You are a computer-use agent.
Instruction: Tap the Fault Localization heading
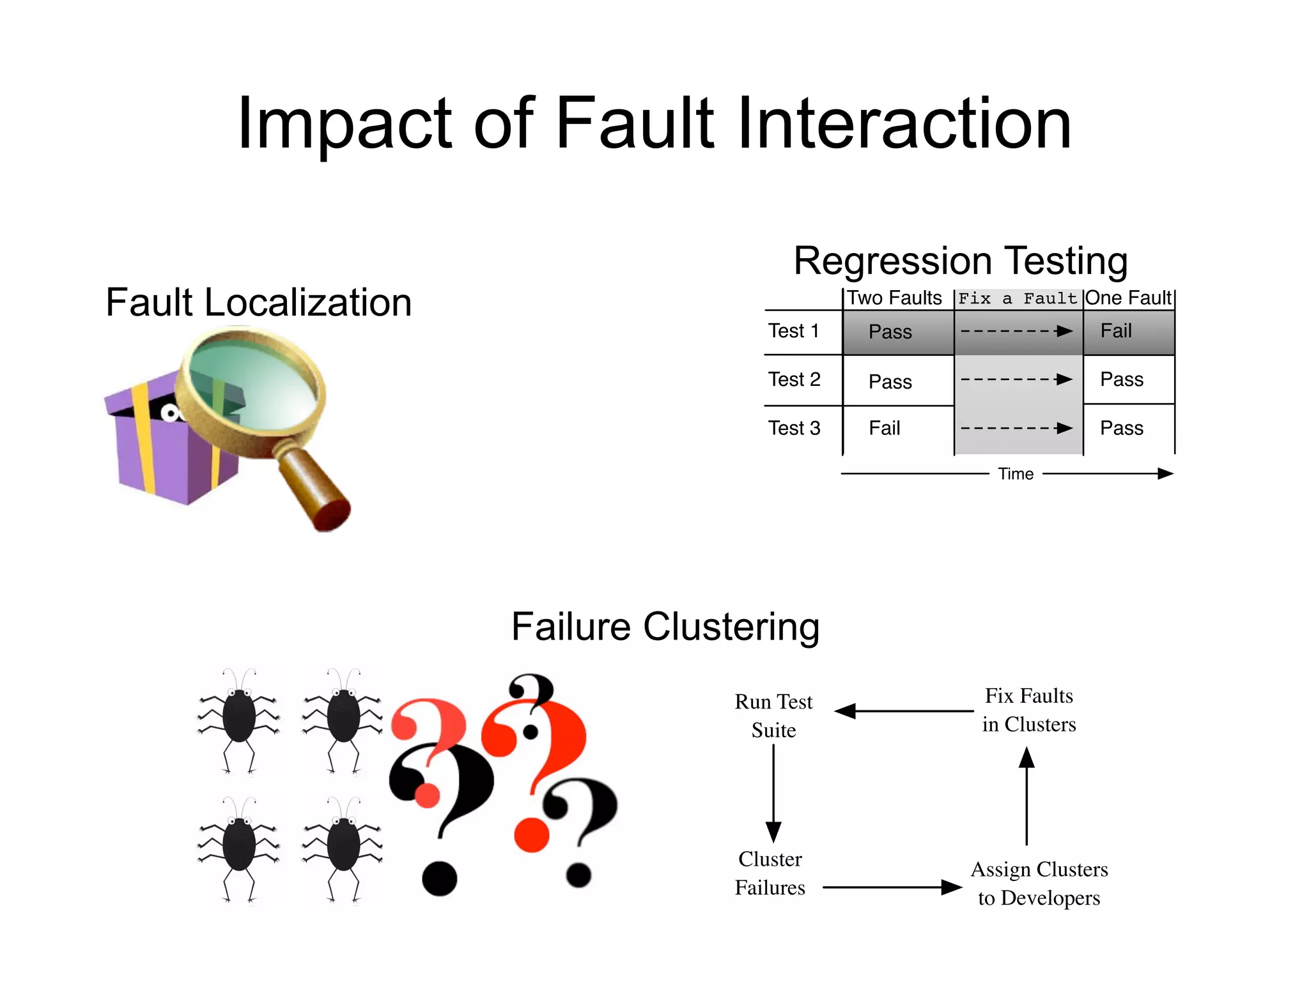[x=258, y=302]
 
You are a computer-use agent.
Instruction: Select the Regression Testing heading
[x=960, y=261]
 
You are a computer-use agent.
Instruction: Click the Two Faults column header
[x=894, y=298]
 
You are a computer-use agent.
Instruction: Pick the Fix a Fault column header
[x=1018, y=298]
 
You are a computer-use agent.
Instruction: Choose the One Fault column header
[x=1128, y=298]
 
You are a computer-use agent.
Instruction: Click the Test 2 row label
[x=794, y=380]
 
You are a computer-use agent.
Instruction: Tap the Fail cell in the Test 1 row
[x=1116, y=331]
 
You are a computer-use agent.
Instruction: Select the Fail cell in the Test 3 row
[x=884, y=428]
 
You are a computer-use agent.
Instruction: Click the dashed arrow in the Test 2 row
[x=1016, y=380]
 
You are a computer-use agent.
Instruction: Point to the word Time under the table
[x=1016, y=474]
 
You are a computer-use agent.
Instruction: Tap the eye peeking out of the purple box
[x=170, y=413]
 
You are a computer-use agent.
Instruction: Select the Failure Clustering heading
[x=665, y=627]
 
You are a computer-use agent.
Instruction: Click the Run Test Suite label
[x=773, y=716]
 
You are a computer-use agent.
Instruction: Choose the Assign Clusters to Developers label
[x=1039, y=884]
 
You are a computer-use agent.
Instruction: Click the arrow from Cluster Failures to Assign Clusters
[x=892, y=887]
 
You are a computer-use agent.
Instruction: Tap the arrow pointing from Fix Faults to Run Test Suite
[x=904, y=711]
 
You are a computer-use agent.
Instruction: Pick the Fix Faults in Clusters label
[x=1029, y=710]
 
